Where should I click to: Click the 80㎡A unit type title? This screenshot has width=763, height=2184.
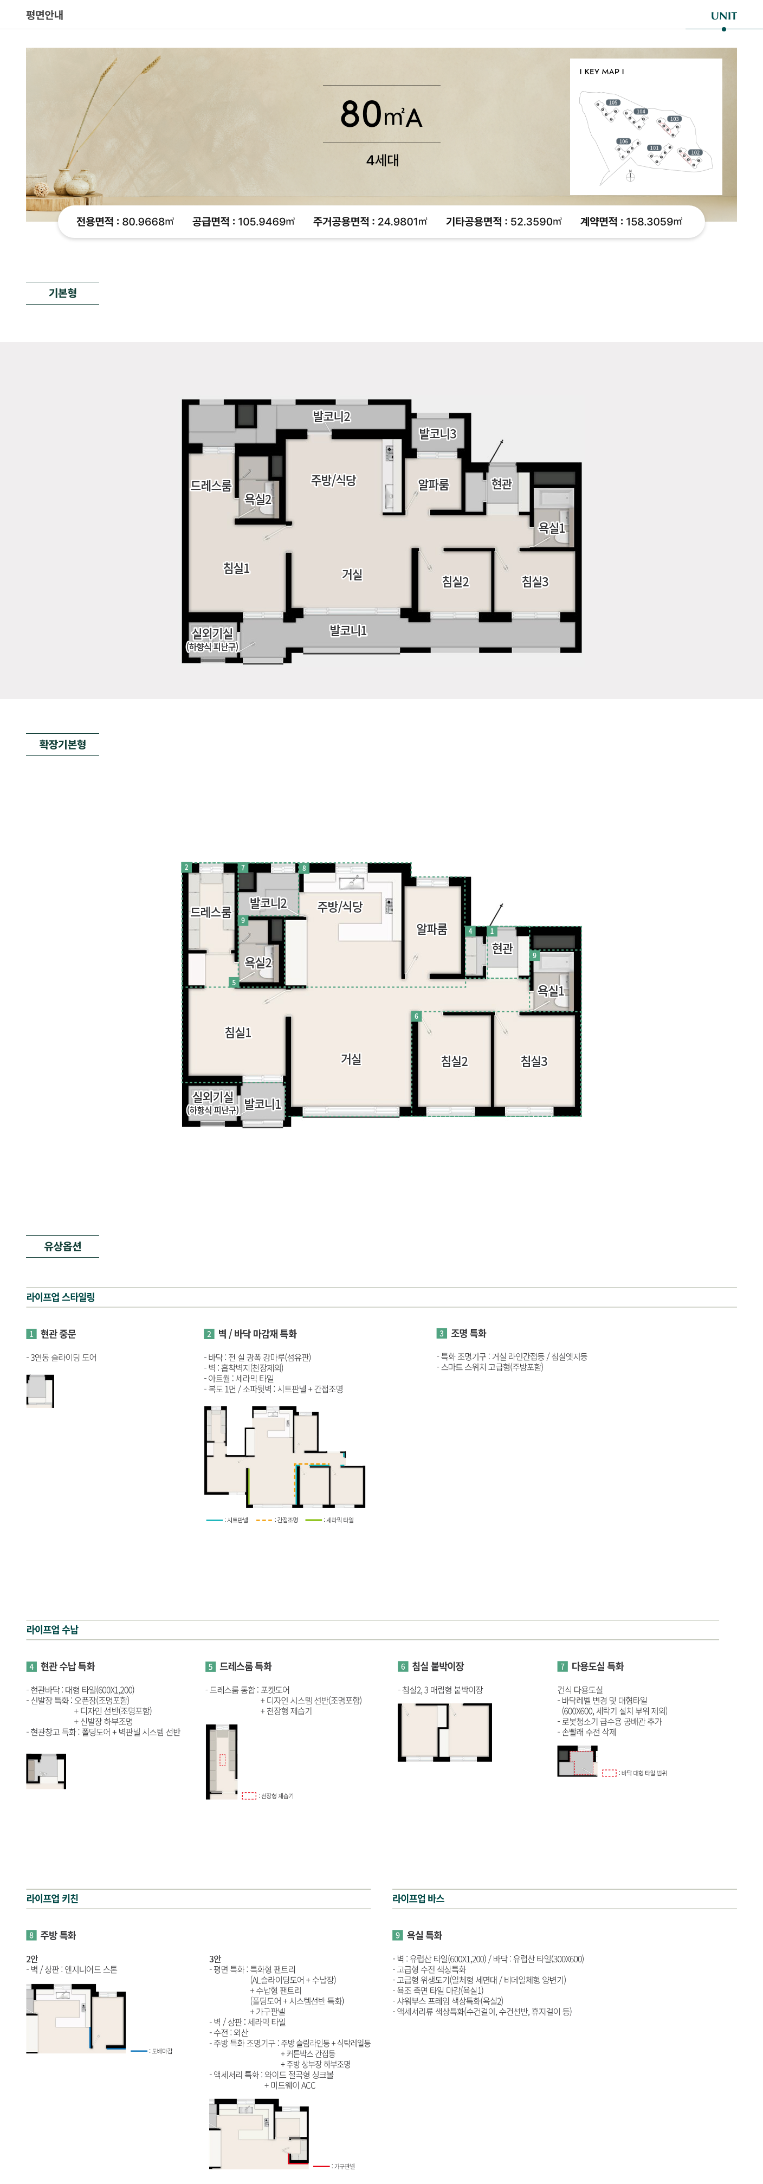tap(381, 114)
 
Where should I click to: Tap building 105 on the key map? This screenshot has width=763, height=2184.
tap(613, 102)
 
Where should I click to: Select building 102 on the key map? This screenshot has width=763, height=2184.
tap(695, 153)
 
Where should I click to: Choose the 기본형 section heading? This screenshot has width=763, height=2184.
tap(63, 293)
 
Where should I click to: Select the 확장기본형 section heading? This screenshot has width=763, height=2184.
tap(63, 745)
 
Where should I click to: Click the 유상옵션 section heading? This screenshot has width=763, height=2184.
tap(63, 1246)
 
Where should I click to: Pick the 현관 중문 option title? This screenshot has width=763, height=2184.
tap(57, 1334)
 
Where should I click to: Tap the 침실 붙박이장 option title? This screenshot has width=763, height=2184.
tap(437, 1666)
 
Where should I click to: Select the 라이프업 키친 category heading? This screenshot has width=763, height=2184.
tap(53, 1898)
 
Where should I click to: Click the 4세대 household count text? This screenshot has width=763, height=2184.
tap(383, 160)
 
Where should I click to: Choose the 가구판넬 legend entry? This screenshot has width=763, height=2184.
tap(344, 2166)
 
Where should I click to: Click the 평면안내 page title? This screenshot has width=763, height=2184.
tap(45, 15)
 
